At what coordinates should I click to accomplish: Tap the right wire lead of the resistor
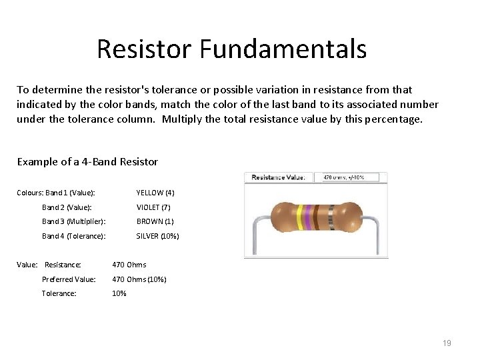pyautogui.click(x=377, y=233)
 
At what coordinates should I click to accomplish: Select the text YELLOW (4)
pyautogui.click(x=155, y=193)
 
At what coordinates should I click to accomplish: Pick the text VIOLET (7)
pyautogui.click(x=153, y=207)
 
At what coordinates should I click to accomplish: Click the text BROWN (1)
pyautogui.click(x=155, y=221)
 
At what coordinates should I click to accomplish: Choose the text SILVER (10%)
pyautogui.click(x=157, y=236)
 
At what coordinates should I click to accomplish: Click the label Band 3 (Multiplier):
pyautogui.click(x=74, y=221)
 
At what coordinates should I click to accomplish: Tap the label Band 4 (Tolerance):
pyautogui.click(x=73, y=236)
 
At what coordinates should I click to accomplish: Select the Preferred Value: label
pyautogui.click(x=69, y=279)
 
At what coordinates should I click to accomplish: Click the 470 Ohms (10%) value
pyautogui.click(x=139, y=279)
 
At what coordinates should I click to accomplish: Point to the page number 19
pyautogui.click(x=447, y=343)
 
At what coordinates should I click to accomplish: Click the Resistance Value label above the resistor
pyautogui.click(x=278, y=177)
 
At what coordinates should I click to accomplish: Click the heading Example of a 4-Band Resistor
pyautogui.click(x=87, y=162)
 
